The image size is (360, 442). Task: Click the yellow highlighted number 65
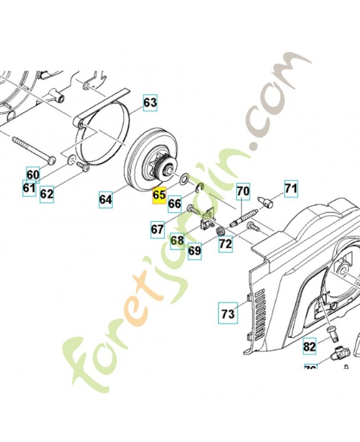(159, 195)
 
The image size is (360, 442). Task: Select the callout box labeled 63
(150, 102)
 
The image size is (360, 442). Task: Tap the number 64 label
(106, 198)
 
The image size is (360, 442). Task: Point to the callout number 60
(33, 175)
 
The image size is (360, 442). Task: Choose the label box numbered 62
(47, 194)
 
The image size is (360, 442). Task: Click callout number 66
(174, 204)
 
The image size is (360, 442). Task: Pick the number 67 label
(157, 228)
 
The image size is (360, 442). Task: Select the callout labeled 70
(243, 192)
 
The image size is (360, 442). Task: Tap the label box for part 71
(290, 189)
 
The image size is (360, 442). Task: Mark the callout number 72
(225, 243)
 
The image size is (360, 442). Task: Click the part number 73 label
(228, 313)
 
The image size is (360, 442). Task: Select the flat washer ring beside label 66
(183, 178)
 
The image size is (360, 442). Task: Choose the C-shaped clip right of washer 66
(200, 188)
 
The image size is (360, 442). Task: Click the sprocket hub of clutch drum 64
(162, 169)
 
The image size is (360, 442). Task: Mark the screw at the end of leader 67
(193, 210)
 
